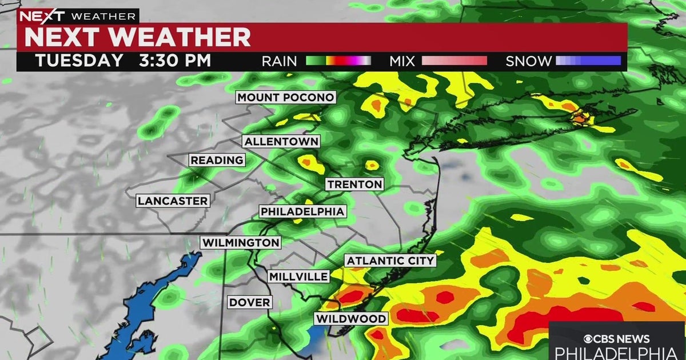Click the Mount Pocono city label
tap(286, 97)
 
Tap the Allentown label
tap(281, 141)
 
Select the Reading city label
tap(217, 161)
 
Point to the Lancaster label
tap(173, 201)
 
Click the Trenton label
tap(354, 184)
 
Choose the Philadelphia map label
tap(302, 211)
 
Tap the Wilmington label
tap(241, 243)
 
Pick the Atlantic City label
tap(391, 261)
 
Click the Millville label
tap(299, 277)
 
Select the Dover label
tap(250, 302)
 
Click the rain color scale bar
tap(338, 61)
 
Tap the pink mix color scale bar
tap(454, 61)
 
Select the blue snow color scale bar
tap(588, 61)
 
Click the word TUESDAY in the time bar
tap(79, 61)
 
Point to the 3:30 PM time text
tap(175, 61)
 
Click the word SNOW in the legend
tap(529, 61)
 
